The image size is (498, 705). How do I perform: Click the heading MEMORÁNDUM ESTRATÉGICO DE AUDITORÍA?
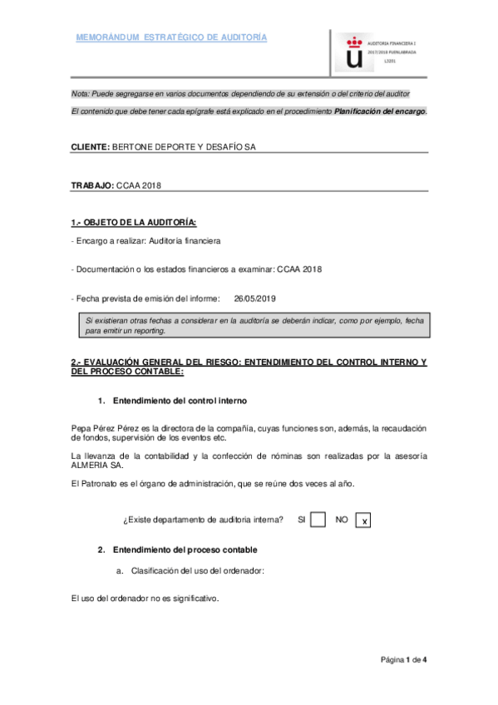pyautogui.click(x=171, y=38)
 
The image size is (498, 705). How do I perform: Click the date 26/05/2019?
pyautogui.click(x=254, y=298)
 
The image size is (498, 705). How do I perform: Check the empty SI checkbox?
pyautogui.click(x=317, y=520)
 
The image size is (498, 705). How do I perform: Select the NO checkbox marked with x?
pyautogui.click(x=363, y=520)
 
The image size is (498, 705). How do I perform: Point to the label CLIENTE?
pyautogui.click(x=90, y=146)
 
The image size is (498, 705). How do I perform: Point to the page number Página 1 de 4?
pyautogui.click(x=403, y=659)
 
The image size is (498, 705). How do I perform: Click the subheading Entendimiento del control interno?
pyautogui.click(x=179, y=401)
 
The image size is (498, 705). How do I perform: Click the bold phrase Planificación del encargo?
pyautogui.click(x=380, y=111)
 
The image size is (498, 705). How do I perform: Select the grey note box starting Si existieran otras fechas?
pyautogui.click(x=249, y=325)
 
